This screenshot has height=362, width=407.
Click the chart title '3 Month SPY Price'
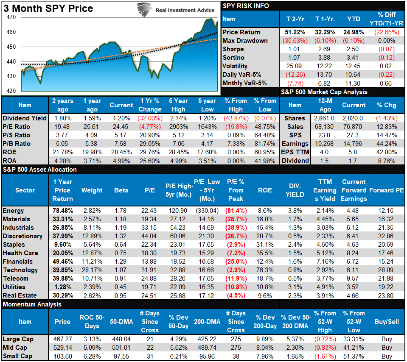click(47, 9)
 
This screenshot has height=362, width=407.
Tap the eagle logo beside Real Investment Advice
click(145, 10)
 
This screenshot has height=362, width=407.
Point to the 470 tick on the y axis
click(11, 17)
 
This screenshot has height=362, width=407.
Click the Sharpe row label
click(233, 49)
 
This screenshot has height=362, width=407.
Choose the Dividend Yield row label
click(24, 118)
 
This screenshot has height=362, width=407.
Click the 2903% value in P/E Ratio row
click(178, 127)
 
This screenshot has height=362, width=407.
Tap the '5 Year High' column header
click(178, 105)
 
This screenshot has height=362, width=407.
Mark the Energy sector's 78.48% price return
click(62, 211)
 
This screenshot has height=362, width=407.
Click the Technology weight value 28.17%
click(92, 270)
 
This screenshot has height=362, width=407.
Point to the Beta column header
click(121, 190)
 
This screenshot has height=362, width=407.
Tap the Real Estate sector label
click(20, 295)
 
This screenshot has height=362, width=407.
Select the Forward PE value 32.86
click(386, 236)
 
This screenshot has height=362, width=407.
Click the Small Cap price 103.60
click(62, 356)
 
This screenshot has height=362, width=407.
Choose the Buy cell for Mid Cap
click(386, 348)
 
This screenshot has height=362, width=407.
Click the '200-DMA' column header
click(208, 322)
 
